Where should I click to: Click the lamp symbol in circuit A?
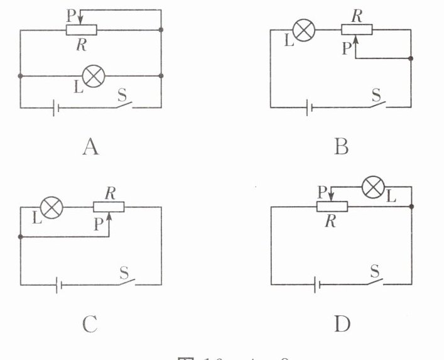coord(94,76)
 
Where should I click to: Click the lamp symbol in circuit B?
coord(303,30)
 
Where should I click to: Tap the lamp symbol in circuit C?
coord(51,207)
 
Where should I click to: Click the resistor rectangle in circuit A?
coord(82,30)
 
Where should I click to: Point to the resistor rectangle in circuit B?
coord(357,30)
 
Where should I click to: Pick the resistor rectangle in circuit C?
coord(109,207)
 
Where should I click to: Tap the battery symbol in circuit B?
coord(308,108)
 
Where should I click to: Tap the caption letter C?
coord(90,324)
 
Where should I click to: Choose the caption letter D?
coord(342,324)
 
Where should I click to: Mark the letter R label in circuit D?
coord(327,220)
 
